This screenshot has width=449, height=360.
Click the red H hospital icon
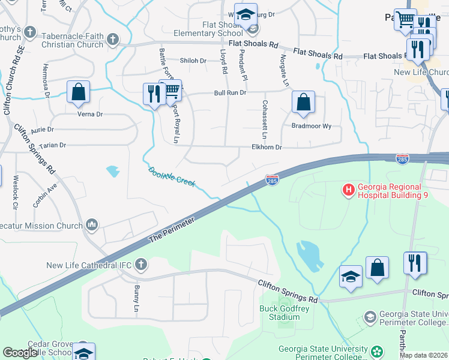348,190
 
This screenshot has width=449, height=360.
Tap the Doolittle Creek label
172,177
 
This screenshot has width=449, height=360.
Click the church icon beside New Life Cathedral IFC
140,264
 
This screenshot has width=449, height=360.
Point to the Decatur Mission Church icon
92,224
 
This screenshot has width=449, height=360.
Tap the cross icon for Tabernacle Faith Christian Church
112,40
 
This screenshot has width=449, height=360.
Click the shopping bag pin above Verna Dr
78,92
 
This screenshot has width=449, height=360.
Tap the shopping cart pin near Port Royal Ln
171,91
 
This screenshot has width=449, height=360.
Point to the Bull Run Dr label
231,93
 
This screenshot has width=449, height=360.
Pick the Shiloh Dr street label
193,61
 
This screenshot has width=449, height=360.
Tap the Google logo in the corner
21,353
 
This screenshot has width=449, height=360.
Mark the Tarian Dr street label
52,145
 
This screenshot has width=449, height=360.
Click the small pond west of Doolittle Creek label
113,172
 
